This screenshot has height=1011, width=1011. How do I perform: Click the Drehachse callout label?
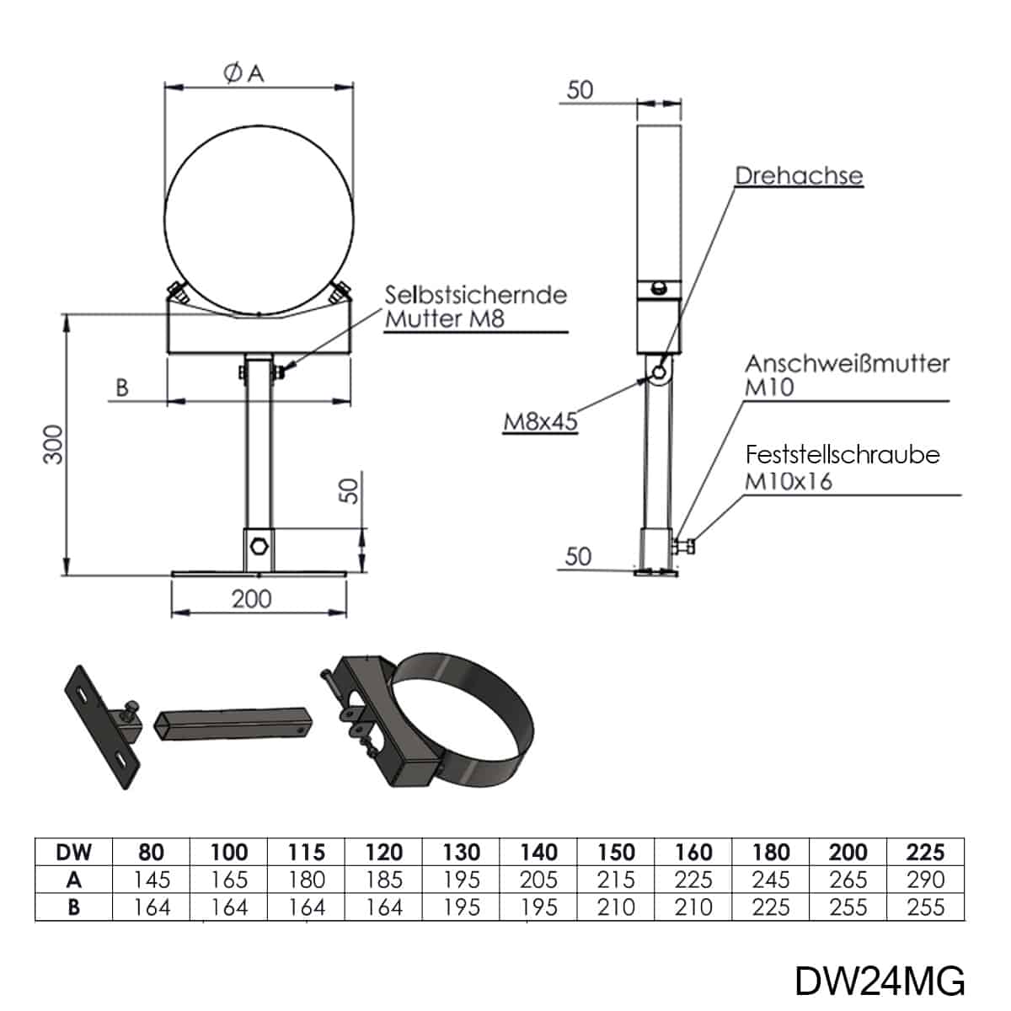coord(799,176)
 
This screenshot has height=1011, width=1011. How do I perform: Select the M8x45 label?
coord(540,421)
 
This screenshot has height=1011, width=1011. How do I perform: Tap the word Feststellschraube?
coord(842,455)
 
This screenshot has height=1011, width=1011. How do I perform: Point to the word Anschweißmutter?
coord(848,364)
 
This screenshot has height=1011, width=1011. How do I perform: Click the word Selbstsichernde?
coord(476,295)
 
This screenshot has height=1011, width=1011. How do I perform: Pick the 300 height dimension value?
coord(54,444)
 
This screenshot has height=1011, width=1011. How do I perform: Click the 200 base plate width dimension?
coord(252,599)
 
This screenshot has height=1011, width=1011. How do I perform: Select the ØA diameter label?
coord(243,73)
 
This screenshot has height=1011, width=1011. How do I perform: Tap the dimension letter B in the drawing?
coord(121,388)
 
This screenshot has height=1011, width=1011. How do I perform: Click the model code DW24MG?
coord(880,982)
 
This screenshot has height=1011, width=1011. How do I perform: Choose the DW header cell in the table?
coord(73,852)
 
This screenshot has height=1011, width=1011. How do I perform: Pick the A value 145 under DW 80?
coord(151,880)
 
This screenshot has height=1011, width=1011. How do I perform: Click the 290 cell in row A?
coord(925,880)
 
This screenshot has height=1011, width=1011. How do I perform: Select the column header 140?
coord(538,852)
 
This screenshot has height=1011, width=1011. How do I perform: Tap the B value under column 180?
coord(771,907)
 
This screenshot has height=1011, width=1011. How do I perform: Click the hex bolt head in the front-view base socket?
coord(259,547)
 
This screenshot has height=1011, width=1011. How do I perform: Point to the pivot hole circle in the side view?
coord(659,372)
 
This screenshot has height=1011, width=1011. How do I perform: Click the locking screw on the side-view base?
coord(683,547)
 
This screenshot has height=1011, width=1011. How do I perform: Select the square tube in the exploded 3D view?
coord(233,724)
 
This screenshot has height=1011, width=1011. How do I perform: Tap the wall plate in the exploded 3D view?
coord(103,727)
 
